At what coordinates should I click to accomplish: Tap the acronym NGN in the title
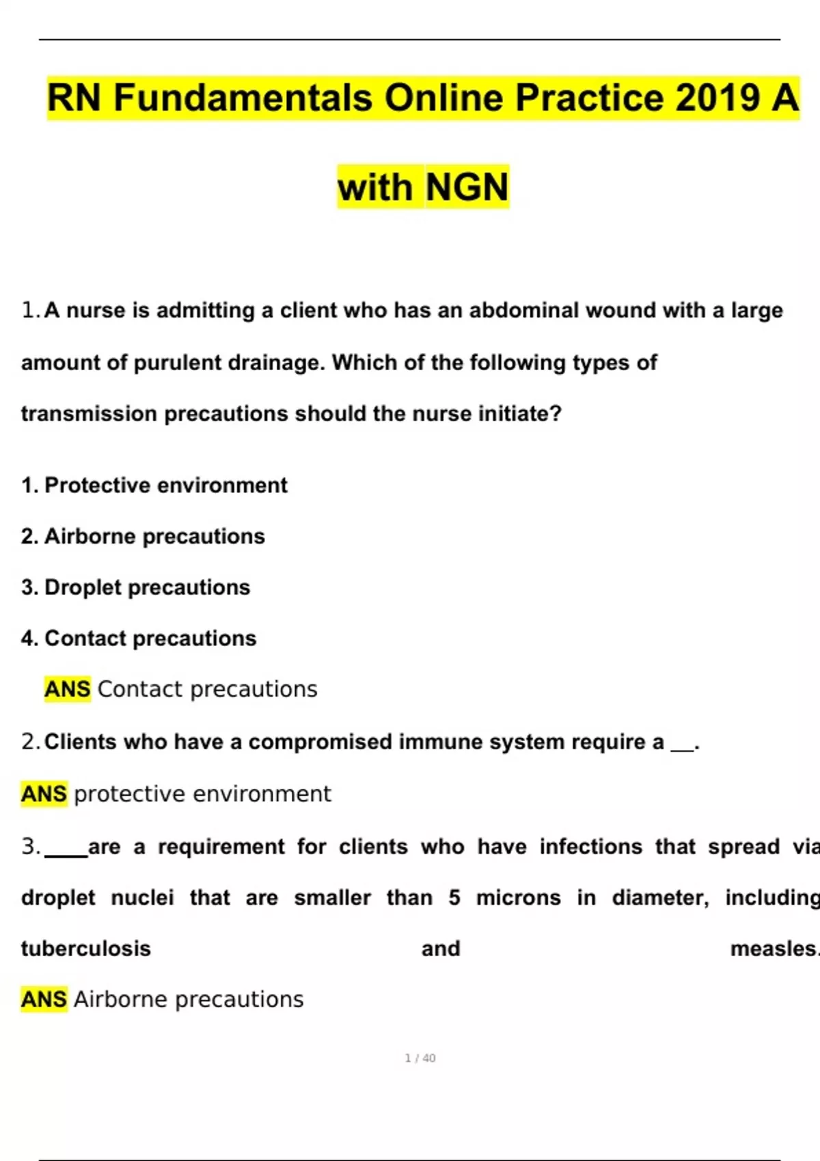[x=467, y=187]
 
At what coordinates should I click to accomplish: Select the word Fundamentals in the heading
[x=243, y=98]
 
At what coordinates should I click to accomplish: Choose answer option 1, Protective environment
[x=154, y=486]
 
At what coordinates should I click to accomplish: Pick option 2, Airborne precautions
[x=143, y=537]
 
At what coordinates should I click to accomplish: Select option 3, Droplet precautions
[x=136, y=587]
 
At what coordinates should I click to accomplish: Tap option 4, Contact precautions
[x=139, y=639]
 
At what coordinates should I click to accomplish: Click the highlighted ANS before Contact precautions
[x=67, y=689]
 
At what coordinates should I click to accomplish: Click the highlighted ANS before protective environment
[x=44, y=794]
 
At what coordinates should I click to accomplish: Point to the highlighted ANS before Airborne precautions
[x=44, y=1000]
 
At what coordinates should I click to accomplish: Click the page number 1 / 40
[x=420, y=1059]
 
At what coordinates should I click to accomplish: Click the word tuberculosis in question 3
[x=86, y=949]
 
